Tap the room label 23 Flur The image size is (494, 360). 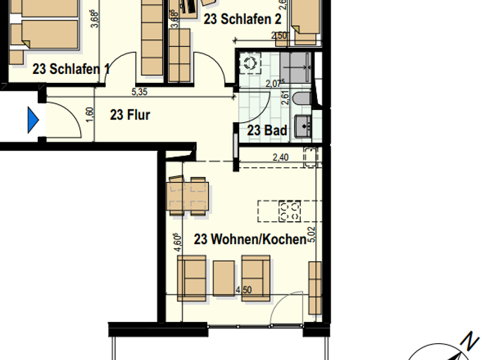click(x=130, y=115)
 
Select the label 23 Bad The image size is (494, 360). click(x=267, y=130)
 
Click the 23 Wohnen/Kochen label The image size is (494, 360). click(x=250, y=240)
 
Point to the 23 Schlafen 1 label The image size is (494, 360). click(x=66, y=69)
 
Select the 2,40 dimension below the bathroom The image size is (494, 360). click(x=281, y=157)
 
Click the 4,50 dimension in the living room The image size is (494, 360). click(x=244, y=290)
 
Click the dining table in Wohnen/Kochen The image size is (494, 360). click(x=188, y=195)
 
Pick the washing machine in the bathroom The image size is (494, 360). click(x=249, y=62)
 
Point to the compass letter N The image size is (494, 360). click(x=472, y=339)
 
